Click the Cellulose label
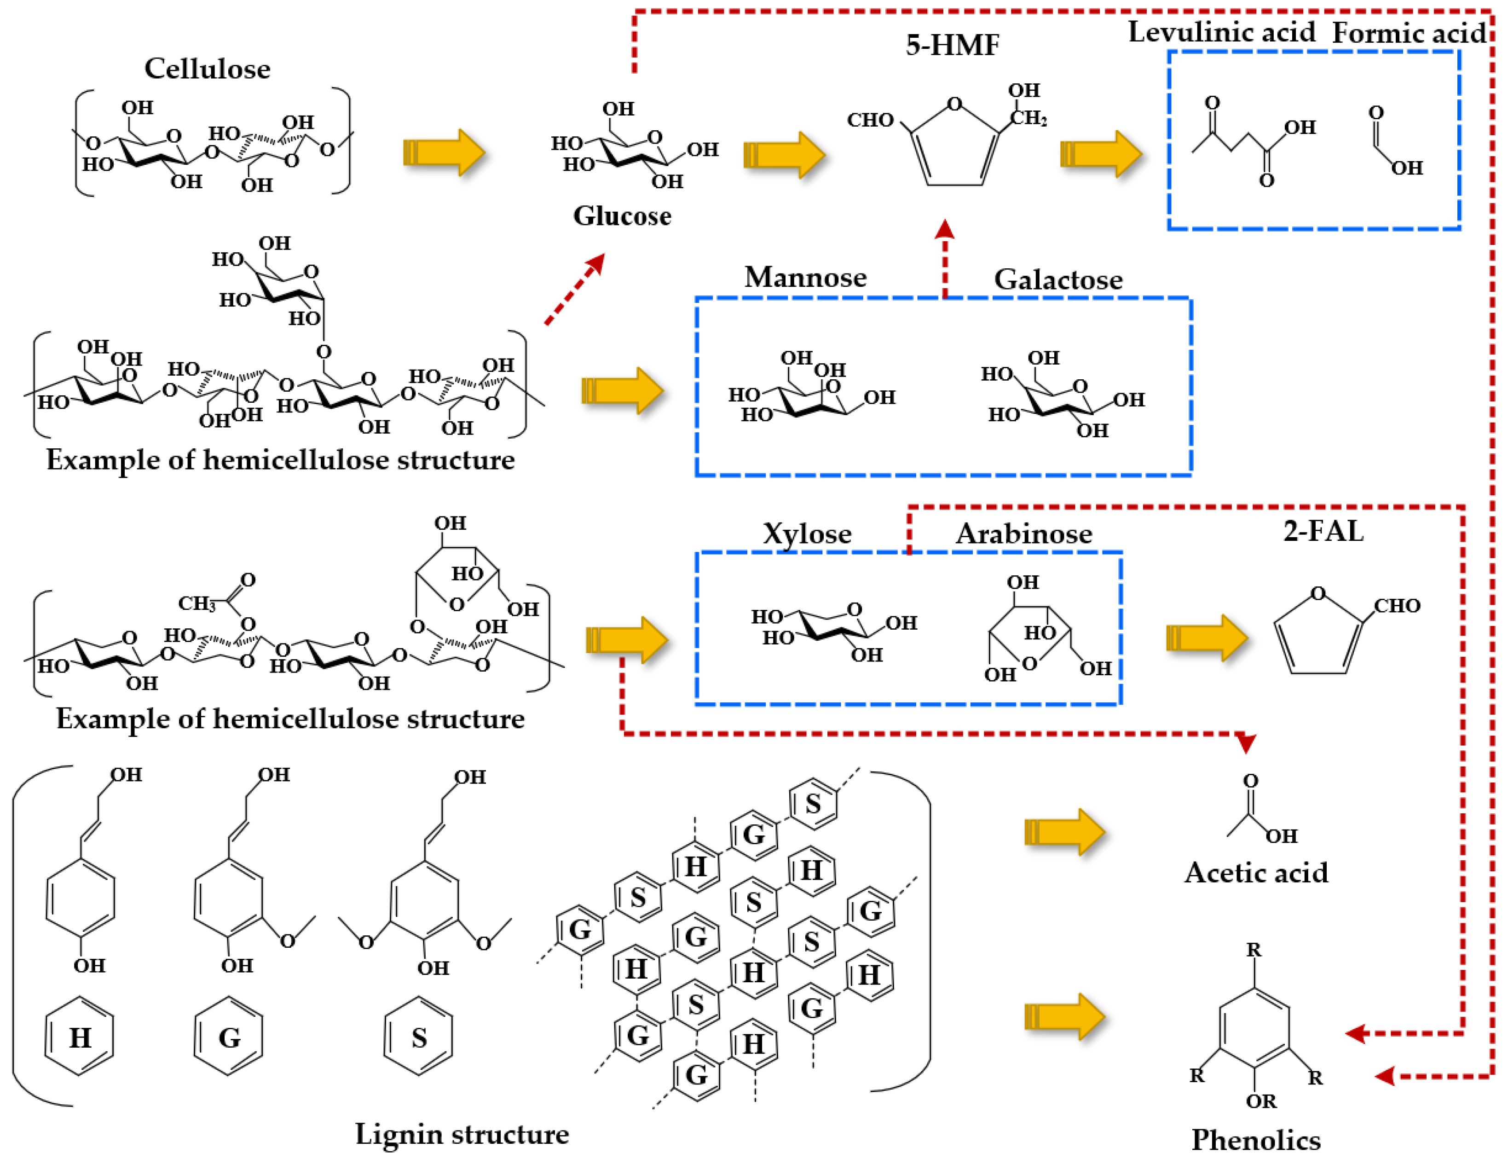pos(207,69)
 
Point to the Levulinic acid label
pos(1221,33)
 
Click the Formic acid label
pos(1409,33)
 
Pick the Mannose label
pos(805,278)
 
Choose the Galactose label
pos(1058,280)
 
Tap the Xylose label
pos(807,534)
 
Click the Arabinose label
pos(1024,534)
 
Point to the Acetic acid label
pos(1256,873)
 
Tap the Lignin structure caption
pos(462,1134)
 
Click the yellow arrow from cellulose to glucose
pos(444,152)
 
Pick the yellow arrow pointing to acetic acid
pos(1064,831)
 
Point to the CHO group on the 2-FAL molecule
pos(1396,606)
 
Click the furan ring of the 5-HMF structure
pos(954,149)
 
